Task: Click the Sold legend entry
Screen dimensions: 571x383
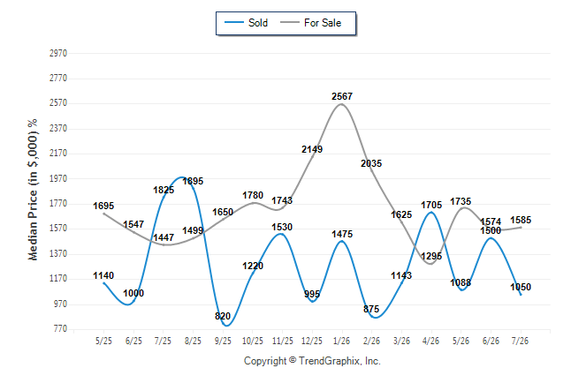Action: coord(247,23)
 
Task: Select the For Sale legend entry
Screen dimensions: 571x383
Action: coord(310,23)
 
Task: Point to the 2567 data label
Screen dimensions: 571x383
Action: coord(342,96)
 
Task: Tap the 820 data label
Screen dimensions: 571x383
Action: coord(223,316)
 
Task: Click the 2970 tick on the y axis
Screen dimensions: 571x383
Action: coord(58,54)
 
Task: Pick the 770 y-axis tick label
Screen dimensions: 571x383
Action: coord(60,329)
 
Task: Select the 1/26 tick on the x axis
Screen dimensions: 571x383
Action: coord(341,341)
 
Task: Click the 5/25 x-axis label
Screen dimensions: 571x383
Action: coord(103,341)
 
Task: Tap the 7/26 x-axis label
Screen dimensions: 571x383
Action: coord(520,341)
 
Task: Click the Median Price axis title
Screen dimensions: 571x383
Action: coord(33,190)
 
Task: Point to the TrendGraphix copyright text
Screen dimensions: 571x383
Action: coord(312,361)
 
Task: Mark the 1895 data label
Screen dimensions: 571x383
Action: coord(193,181)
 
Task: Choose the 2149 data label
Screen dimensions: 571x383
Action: coord(312,149)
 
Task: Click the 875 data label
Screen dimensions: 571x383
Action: coord(371,309)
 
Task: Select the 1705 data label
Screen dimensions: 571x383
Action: coord(431,205)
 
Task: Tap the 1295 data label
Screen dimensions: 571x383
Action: coord(431,257)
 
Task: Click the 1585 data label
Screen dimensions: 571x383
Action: coord(521,220)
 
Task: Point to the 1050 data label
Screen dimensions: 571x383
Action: coord(521,287)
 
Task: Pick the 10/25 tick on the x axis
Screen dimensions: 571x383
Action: coord(253,341)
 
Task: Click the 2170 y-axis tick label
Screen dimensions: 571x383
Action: coord(58,154)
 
